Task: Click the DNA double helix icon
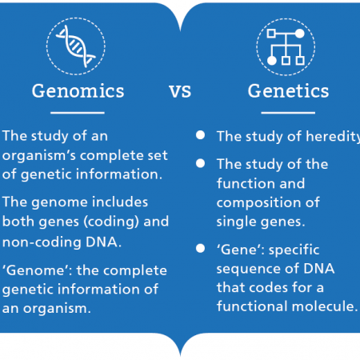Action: tap(75, 46)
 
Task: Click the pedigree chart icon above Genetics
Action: tap(286, 47)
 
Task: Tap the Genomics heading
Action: tap(78, 91)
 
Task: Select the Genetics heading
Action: tap(288, 91)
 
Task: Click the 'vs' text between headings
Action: tap(180, 91)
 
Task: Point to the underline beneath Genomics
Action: tap(78, 113)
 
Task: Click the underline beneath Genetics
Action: tap(288, 113)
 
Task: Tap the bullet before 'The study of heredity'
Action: tap(200, 135)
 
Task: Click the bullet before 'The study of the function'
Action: tap(200, 163)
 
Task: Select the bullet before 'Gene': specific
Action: tap(200, 248)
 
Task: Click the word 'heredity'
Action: tap(333, 137)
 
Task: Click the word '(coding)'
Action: tap(111, 222)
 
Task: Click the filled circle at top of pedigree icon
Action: tap(300, 34)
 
